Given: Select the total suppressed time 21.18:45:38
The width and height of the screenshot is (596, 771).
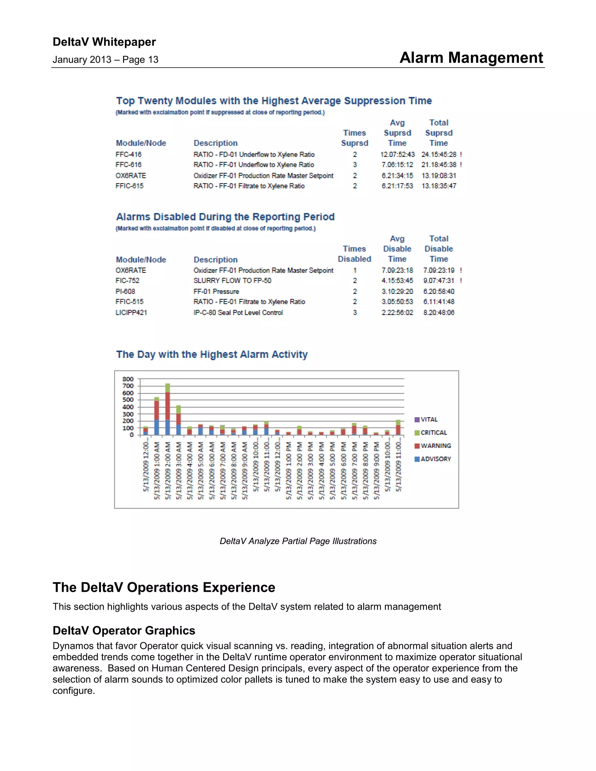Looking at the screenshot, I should [439, 165].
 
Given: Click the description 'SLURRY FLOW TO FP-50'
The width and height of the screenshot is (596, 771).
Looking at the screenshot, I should [232, 281].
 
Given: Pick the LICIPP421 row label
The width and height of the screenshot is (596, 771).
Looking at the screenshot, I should [131, 312].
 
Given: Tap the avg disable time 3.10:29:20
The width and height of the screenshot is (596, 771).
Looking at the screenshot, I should [397, 292].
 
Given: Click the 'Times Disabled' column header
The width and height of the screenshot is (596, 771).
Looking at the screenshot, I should [354, 254].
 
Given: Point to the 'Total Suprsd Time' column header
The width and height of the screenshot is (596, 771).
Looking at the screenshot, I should [439, 133].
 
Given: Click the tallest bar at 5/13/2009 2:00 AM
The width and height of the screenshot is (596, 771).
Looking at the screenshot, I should [168, 410].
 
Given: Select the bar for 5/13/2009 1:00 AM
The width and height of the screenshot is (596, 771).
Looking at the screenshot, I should [156, 417].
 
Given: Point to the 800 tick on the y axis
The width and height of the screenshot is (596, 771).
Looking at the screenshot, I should [128, 379].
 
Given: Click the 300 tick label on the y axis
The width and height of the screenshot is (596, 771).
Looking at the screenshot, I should [128, 414].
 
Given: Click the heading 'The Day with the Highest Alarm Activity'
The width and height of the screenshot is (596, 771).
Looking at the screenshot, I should [212, 354].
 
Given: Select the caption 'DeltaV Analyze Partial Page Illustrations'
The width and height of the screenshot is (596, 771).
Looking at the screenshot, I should [298, 541].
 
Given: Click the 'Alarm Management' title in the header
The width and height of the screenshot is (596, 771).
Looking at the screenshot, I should [471, 58].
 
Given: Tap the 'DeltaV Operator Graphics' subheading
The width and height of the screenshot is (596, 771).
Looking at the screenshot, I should [124, 630].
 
